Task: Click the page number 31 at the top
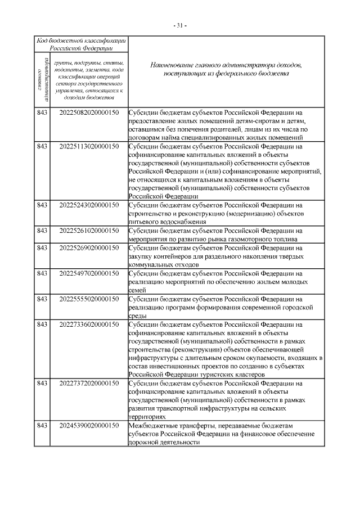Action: click(180, 25)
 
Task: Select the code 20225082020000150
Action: click(89, 112)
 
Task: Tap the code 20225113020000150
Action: click(89, 146)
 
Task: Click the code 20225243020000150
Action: click(89, 205)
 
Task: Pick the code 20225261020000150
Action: click(89, 231)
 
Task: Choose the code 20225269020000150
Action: click(89, 247)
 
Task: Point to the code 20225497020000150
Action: click(89, 273)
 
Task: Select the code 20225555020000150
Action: click(89, 299)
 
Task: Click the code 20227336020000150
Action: click(89, 325)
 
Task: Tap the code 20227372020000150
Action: click(89, 384)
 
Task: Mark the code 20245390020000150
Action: click(89, 426)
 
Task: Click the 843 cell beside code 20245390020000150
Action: click(42, 426)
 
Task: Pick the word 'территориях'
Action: click(147, 417)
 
